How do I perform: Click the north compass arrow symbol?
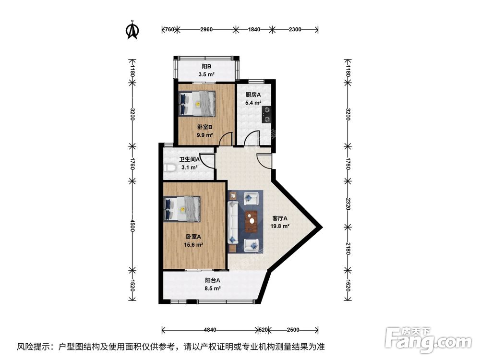[132, 30]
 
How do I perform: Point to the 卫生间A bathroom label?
[189, 159]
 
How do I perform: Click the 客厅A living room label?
[280, 218]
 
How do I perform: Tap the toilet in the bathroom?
[168, 168]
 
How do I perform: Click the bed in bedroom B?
[198, 104]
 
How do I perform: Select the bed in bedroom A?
[182, 209]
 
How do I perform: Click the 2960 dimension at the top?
[206, 30]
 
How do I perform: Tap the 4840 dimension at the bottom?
[210, 330]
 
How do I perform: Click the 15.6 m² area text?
[193, 244]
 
